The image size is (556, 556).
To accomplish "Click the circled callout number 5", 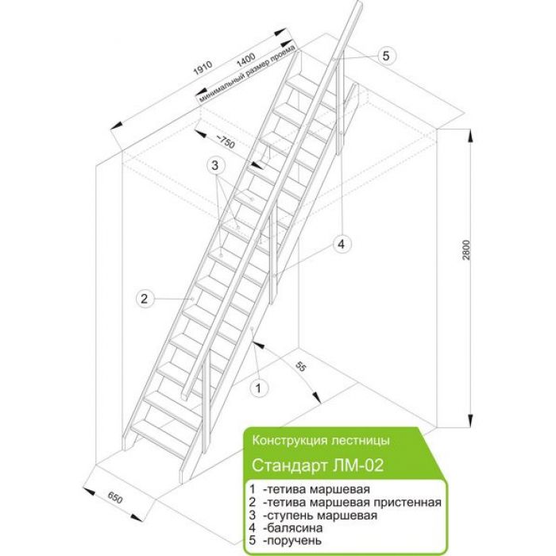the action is pos(386,56).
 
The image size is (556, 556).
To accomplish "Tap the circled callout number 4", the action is pos(342,244).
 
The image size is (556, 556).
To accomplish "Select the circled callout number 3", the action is pos(215,165).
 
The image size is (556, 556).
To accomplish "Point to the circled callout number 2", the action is pos(145,299).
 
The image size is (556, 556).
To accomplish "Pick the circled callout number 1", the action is pos(258,388).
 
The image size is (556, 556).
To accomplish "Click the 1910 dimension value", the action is pos(203,68).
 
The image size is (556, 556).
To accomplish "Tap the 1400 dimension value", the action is pos(246,60).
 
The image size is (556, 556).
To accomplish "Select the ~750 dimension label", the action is pos(226,141).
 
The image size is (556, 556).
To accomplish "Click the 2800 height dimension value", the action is pos(466,250).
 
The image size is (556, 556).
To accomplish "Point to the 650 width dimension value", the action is pos(115,498).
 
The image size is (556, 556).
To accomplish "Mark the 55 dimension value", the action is pos(300,367).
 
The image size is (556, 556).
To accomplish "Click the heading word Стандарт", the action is pos(290,465).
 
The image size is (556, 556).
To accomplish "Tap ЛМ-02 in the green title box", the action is pos(358,465).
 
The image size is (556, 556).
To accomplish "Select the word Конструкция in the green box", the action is pos(289,440).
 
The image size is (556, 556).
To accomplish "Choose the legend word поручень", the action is pos(294,541).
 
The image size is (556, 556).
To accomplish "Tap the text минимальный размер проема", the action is pos(247,74).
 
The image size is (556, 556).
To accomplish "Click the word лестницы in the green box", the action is pos(360,441).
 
